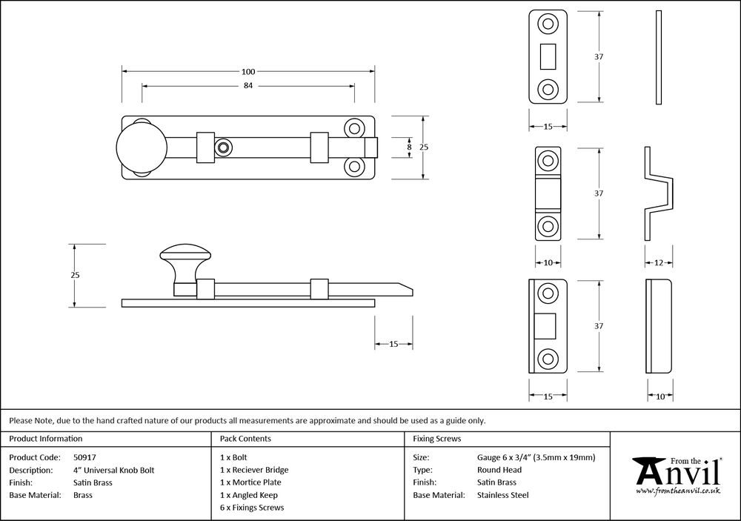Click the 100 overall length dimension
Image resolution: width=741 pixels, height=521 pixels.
click(248, 72)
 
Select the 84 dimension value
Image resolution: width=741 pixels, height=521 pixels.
click(248, 86)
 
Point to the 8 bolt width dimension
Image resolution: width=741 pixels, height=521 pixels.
click(408, 147)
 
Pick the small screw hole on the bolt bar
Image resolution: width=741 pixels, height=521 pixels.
click(222, 148)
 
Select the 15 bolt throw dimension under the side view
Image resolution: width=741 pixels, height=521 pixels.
click(394, 344)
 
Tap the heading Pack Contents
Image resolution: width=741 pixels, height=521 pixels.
click(245, 439)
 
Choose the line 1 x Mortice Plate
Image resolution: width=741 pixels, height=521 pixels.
click(250, 482)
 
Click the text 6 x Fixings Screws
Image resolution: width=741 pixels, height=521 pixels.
click(252, 508)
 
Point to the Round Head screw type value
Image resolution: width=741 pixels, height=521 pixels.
click(499, 470)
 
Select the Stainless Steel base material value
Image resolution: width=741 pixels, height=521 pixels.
click(503, 495)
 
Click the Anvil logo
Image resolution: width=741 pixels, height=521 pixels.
click(676, 469)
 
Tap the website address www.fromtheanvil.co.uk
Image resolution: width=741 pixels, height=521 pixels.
click(678, 491)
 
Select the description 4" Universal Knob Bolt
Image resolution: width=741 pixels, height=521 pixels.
click(114, 470)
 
